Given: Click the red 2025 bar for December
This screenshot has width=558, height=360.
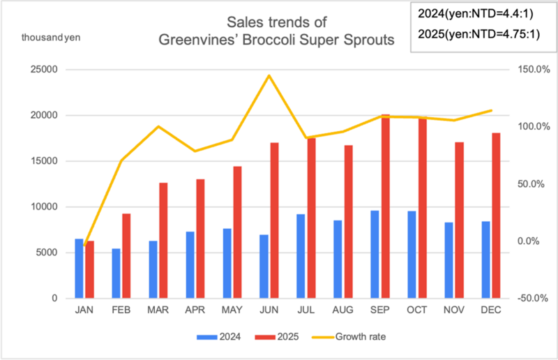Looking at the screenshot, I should coord(496,216).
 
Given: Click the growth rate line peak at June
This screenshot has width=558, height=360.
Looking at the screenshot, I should coord(269,75).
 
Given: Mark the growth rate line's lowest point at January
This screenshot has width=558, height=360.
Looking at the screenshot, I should coord(85,246).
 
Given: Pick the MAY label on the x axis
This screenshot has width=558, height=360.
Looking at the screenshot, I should coord(232,309).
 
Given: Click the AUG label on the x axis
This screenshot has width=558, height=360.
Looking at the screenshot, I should coord(343,309).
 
